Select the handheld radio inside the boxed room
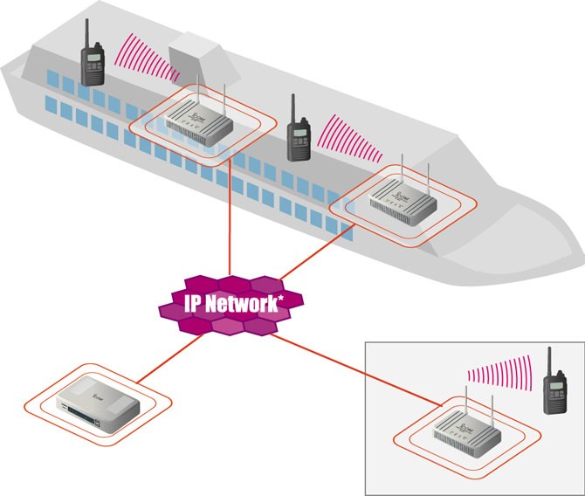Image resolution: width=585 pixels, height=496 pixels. click(554, 387)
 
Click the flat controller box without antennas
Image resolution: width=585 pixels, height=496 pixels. click(96, 407)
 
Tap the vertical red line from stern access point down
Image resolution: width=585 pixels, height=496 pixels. click(229, 218)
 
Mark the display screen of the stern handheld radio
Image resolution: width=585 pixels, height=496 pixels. click(93, 60)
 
